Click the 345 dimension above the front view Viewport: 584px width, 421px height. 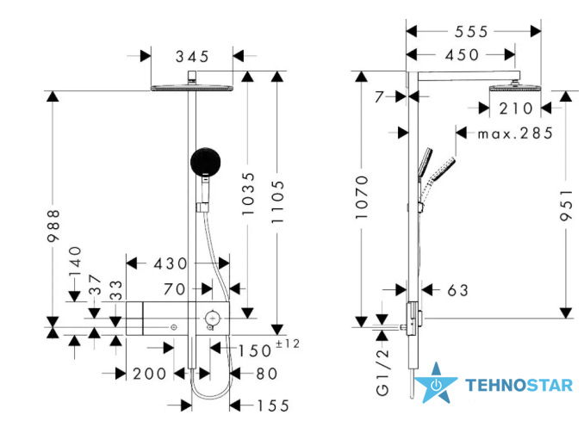192,57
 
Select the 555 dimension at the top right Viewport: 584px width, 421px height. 471,32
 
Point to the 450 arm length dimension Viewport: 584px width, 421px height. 463,55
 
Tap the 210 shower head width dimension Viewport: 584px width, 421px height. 516,108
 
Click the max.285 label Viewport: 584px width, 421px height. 515,133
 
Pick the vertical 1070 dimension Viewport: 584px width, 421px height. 362,197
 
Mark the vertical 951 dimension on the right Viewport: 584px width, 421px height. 566,206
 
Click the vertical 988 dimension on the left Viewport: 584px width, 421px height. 53,226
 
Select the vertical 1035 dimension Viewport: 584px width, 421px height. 248,194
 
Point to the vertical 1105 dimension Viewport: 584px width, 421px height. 277,201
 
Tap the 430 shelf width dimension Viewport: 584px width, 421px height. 171,264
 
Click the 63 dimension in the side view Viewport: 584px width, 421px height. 457,290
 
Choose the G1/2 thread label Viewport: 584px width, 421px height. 382,372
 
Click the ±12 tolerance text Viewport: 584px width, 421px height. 288,344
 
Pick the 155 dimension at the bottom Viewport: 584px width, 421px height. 273,406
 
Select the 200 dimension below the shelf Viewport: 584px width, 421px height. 149,375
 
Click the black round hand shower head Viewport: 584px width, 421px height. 205,162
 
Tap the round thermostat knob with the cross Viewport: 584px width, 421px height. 212,319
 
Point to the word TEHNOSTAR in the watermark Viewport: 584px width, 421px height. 519,386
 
